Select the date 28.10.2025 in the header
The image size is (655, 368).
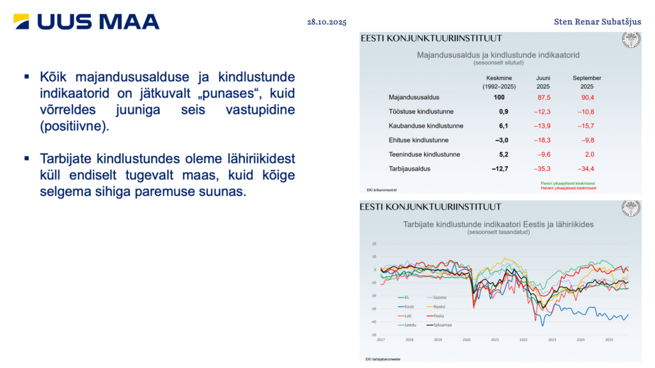point(326,22)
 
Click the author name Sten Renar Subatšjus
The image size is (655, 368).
point(597,22)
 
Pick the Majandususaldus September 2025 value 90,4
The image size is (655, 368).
point(587,97)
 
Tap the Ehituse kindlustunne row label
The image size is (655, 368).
point(418,140)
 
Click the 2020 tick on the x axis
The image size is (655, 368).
point(466,340)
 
